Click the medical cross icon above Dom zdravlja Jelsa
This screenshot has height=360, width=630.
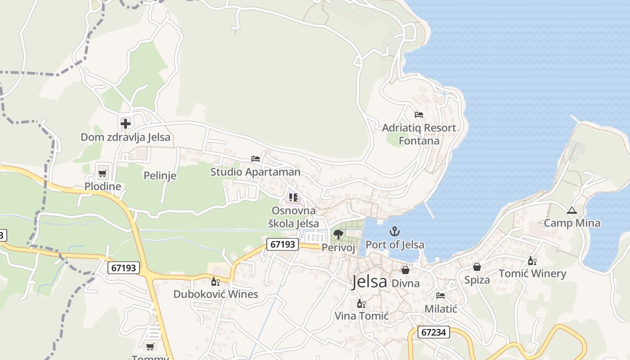click(x=126, y=123)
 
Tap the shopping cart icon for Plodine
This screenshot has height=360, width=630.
click(x=103, y=173)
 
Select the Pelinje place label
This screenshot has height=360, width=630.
click(x=160, y=175)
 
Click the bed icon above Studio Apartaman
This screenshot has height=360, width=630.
click(x=256, y=159)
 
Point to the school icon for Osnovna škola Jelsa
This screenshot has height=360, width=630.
click(x=293, y=197)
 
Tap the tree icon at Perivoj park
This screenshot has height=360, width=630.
click(x=338, y=234)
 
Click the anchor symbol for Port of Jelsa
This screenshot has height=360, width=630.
click(x=395, y=232)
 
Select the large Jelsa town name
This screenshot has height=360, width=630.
click(x=369, y=282)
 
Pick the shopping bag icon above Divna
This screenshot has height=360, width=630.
click(x=405, y=270)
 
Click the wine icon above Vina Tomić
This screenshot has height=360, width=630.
click(x=361, y=304)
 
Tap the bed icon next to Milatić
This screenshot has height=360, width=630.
click(x=441, y=296)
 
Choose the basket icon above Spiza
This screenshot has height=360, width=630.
click(x=477, y=267)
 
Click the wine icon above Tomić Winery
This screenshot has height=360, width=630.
click(x=532, y=261)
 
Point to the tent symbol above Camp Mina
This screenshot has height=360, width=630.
click(x=571, y=210)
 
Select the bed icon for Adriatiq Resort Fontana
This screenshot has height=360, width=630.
click(x=419, y=115)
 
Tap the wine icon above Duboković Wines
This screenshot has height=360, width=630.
click(x=216, y=282)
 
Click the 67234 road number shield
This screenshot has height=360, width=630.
click(x=434, y=332)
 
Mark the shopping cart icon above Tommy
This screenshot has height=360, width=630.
click(x=150, y=346)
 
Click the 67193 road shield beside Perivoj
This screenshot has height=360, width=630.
click(x=283, y=244)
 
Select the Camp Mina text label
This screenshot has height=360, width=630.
click(x=572, y=223)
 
